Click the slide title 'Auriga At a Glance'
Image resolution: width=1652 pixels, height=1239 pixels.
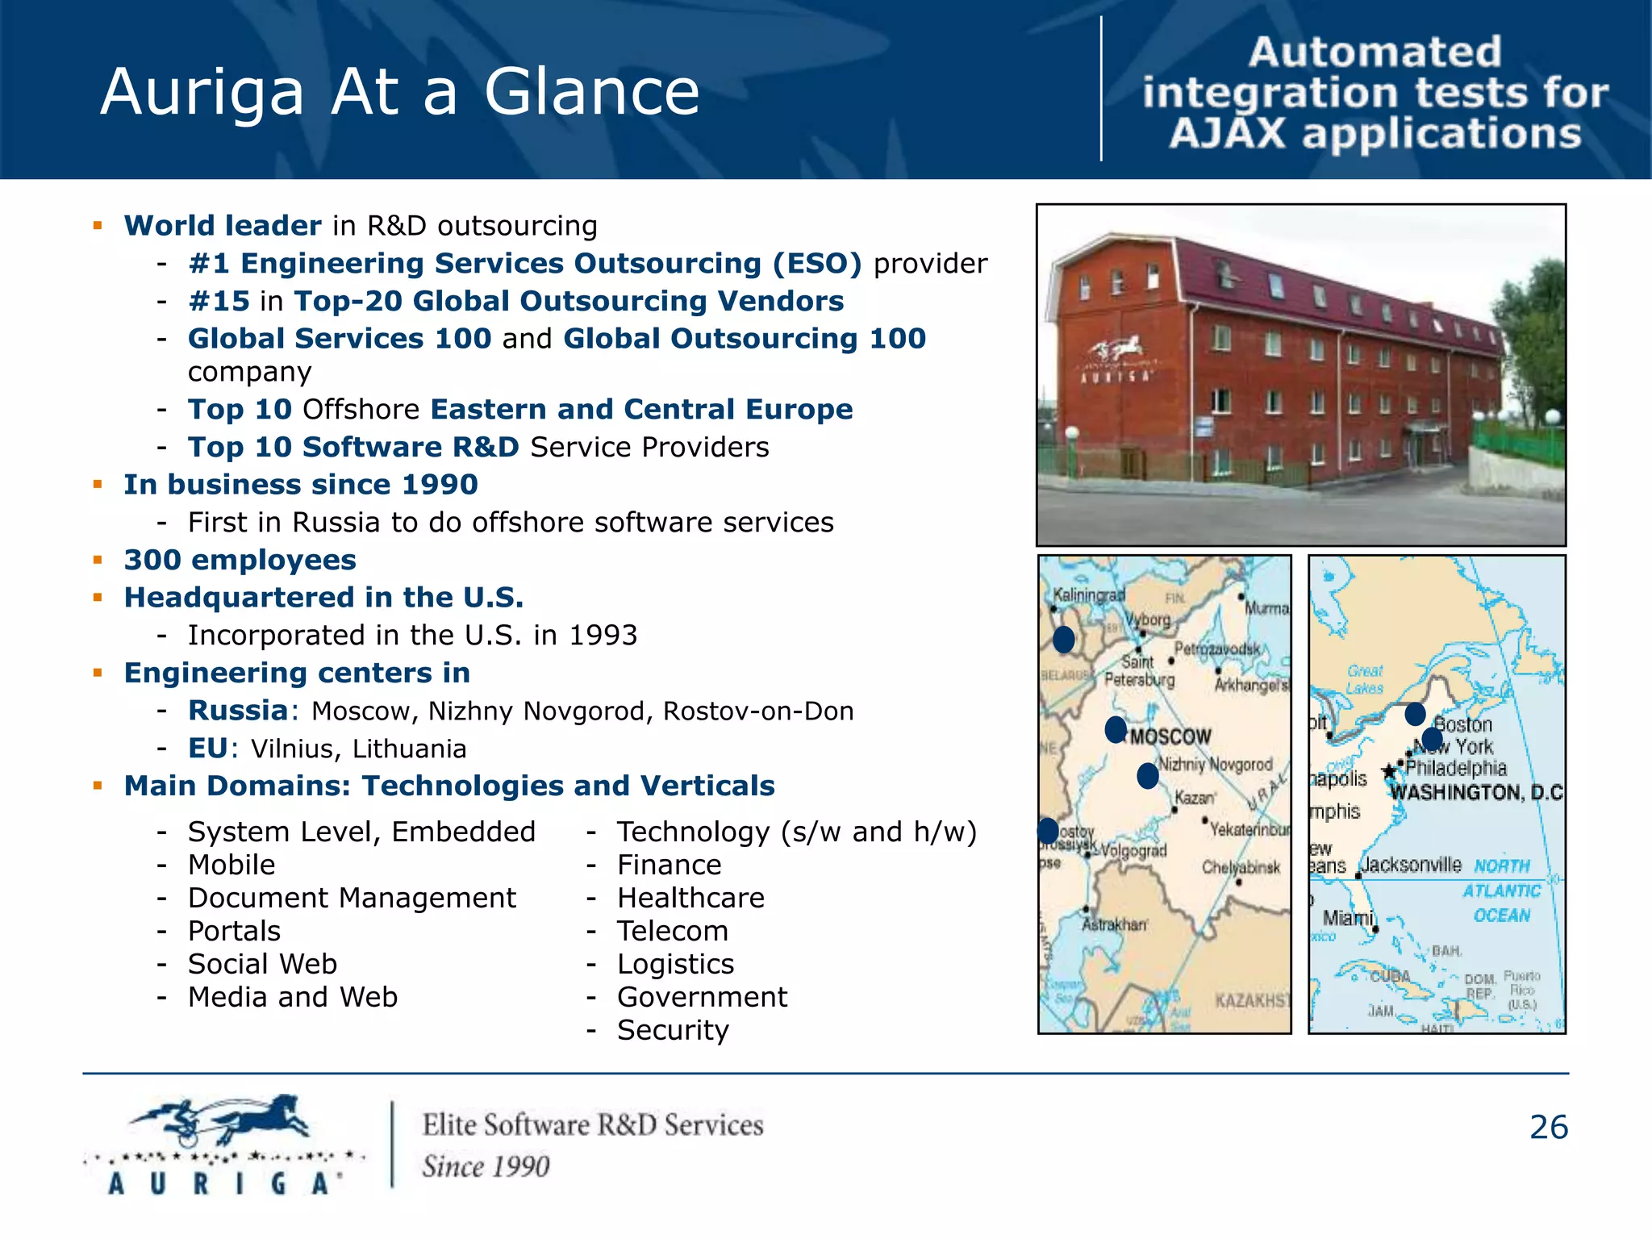pos(400,92)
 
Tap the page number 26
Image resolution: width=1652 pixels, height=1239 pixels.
pos(1548,1128)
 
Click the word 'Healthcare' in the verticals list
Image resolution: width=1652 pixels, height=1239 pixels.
pos(690,898)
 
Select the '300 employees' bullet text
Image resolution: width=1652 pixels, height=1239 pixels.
pos(240,560)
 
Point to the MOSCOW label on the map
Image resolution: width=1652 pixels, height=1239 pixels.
pos(1170,736)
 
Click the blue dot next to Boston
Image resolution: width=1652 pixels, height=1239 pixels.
pos(1415,714)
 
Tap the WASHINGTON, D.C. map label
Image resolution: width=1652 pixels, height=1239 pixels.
pos(1476,792)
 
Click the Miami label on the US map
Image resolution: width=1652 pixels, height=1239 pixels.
pos(1347,918)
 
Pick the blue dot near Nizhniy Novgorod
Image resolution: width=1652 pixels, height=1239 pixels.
pos(1147,776)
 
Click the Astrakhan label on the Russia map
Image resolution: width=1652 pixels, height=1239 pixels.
pos(1113,924)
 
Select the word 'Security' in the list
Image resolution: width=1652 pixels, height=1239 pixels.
pos(673,1030)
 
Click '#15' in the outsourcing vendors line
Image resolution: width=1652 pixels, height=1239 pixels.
pos(219,301)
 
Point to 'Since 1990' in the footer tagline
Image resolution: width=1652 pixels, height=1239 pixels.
pos(486,1166)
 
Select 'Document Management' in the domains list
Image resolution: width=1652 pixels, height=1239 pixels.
pos(352,898)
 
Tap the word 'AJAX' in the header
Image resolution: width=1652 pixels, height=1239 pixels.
pos(1227,134)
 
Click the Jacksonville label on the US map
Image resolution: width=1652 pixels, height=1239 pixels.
pos(1412,866)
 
